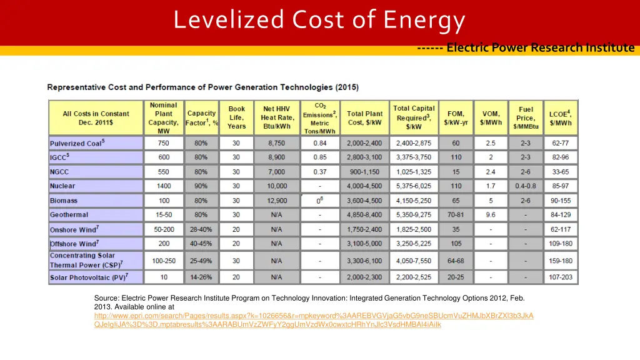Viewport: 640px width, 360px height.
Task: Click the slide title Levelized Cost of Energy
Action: [319, 21]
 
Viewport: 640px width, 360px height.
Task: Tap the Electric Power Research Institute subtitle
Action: [540, 47]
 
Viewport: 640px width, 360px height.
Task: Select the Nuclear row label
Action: [62, 186]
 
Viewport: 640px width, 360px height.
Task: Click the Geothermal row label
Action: [69, 215]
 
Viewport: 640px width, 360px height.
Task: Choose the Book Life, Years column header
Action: [236, 117]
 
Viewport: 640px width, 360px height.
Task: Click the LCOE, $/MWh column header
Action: [561, 117]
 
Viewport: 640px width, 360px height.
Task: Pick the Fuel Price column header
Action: [526, 117]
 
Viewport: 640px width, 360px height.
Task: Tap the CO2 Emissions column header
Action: [320, 117]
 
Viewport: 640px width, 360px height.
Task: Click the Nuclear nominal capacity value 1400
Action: [164, 186]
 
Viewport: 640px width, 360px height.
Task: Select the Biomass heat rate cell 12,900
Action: [276, 201]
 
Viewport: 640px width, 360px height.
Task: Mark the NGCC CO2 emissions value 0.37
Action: [320, 172]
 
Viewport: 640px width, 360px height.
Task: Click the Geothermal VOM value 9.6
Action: [491, 215]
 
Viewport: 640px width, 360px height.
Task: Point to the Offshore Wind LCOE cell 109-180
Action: [561, 244]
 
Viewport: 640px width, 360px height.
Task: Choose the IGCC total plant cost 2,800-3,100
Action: [365, 157]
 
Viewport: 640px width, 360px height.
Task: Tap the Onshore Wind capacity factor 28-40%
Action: [201, 229]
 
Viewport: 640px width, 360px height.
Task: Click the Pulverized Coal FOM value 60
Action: [456, 143]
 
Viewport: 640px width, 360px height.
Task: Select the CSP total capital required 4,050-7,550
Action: [414, 261]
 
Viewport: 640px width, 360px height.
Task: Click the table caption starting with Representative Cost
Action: [203, 87]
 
